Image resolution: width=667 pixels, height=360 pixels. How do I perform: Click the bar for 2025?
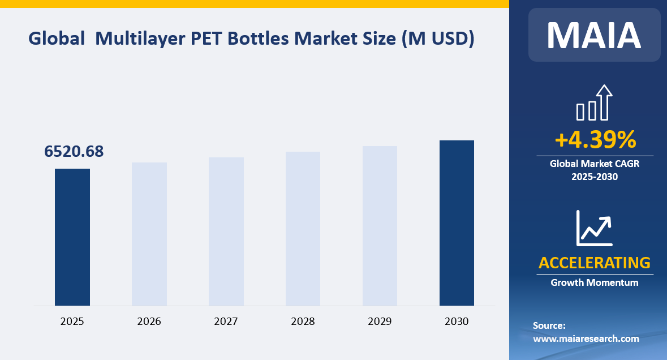[72, 237]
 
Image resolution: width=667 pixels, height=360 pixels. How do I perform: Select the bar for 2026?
[149, 234]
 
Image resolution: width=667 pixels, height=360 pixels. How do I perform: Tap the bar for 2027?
[226, 232]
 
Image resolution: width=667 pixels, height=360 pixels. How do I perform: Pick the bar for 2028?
[303, 229]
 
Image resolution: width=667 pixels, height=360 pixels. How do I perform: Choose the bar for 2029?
[380, 226]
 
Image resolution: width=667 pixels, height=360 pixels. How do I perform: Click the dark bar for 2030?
[457, 223]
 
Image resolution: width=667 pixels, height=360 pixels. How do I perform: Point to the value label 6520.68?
[74, 152]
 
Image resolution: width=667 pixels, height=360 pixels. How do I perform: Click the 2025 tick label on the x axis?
[72, 322]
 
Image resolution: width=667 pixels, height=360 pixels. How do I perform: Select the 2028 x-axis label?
[303, 322]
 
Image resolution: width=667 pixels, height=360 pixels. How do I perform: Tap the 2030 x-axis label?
[457, 322]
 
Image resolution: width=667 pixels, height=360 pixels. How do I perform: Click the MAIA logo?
[594, 35]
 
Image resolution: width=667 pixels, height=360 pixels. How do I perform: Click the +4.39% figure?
[595, 139]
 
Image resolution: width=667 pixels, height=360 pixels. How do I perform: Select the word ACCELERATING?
[595, 263]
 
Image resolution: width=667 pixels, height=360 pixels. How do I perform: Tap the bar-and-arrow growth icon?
[594, 103]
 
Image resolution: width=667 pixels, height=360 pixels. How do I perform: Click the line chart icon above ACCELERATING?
[594, 228]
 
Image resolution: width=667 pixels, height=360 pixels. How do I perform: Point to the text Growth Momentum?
[595, 282]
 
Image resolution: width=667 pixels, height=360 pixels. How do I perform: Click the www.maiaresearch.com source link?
[586, 338]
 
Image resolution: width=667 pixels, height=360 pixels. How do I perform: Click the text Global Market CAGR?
[595, 164]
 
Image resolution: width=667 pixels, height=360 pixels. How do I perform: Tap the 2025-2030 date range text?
[595, 177]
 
